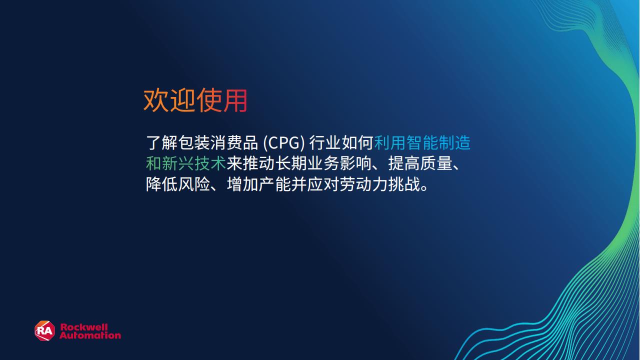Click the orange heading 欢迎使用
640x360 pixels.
(x=195, y=100)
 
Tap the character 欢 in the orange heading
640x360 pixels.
(x=156, y=100)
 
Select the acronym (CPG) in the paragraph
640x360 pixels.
(x=283, y=143)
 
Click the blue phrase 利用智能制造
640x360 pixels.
(x=422, y=143)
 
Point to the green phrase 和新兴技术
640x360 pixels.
(x=186, y=163)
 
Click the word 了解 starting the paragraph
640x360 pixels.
(x=161, y=143)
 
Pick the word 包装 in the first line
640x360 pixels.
(x=194, y=143)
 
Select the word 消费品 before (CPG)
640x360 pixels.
(x=234, y=143)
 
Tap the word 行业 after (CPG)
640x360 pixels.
(x=325, y=143)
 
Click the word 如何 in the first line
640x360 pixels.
(x=357, y=143)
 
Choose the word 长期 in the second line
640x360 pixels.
(x=291, y=163)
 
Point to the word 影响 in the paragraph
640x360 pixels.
(x=355, y=163)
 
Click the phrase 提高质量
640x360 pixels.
(x=420, y=163)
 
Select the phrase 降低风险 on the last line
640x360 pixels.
(x=178, y=184)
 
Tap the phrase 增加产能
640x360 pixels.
(x=258, y=184)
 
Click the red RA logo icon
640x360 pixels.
(x=45, y=330)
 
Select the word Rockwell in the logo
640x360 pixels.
(x=84, y=327)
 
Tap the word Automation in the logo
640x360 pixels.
(x=90, y=335)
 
